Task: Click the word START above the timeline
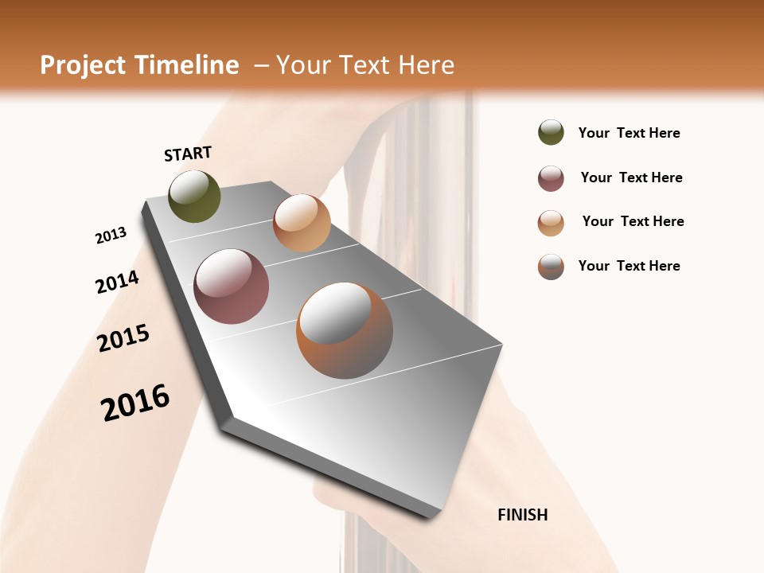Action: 188,154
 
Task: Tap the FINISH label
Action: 523,515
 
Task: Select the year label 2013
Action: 111,236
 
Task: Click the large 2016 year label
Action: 135,403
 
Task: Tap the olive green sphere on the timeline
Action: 194,197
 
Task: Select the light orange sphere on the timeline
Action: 302,223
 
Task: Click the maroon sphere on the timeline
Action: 232,286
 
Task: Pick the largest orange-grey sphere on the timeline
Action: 345,330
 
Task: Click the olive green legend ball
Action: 551,132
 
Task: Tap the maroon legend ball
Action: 551,178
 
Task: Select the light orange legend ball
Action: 551,223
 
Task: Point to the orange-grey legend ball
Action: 551,267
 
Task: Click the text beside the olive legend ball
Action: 629,133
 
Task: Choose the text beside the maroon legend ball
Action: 631,177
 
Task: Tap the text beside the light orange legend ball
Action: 633,221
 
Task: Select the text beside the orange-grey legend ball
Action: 629,266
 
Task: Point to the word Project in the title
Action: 82,65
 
